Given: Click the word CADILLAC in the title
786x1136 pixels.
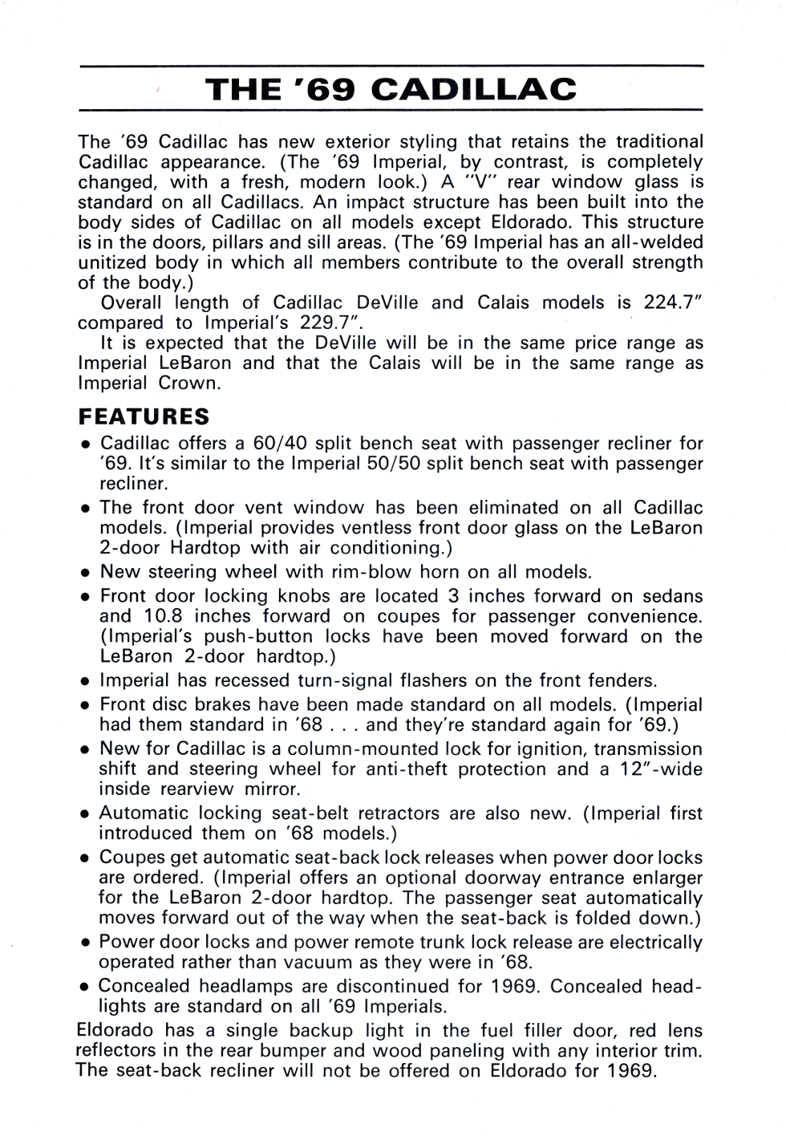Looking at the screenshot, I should [x=475, y=89].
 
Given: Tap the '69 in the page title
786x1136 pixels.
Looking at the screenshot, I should [x=331, y=89].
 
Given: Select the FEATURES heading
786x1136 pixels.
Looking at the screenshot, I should [x=144, y=417].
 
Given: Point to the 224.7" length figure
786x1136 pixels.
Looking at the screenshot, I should [x=673, y=302].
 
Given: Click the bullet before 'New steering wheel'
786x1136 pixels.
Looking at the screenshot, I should [x=84, y=574].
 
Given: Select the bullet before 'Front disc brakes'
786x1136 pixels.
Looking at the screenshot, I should [x=84, y=706].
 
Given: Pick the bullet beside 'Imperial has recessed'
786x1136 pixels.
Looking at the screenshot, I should [x=84, y=682].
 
